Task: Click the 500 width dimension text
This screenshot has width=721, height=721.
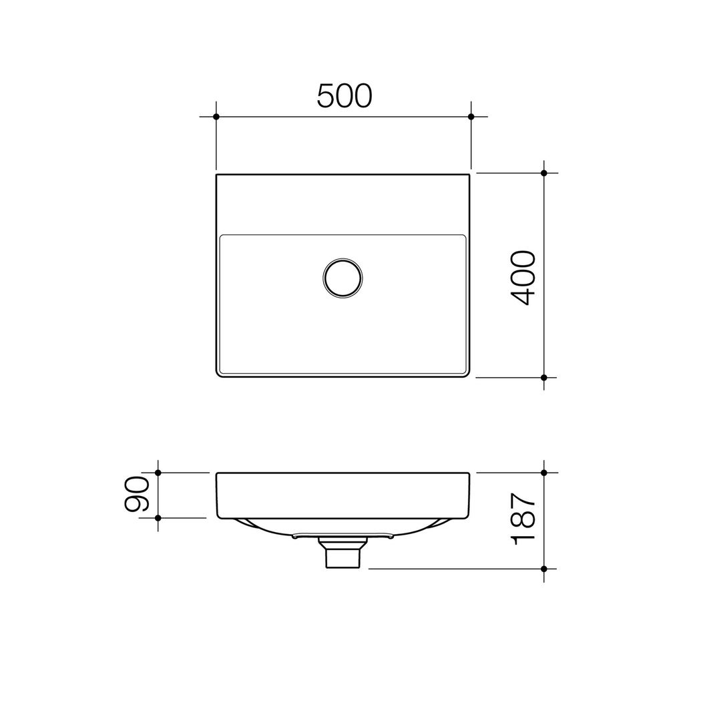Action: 344,96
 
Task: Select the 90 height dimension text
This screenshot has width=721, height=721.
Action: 137,494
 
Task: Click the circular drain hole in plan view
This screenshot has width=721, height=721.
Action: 342,278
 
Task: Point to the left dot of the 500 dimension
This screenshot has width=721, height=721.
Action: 216,117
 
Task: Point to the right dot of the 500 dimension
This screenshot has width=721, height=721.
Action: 471,117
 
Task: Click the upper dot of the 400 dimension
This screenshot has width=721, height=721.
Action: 544,173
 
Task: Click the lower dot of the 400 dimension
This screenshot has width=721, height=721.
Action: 544,377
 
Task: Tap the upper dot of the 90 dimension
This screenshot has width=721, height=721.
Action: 158,473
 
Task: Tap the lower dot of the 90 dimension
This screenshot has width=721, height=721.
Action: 158,517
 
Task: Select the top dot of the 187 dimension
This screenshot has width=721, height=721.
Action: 544,473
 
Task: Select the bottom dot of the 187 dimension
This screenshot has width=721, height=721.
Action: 544,569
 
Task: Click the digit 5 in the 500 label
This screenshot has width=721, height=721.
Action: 325,96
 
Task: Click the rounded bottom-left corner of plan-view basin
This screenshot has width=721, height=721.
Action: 220,374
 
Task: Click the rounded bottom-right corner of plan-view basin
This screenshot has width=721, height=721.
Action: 467,374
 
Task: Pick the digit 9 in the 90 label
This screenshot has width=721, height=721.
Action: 137,503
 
